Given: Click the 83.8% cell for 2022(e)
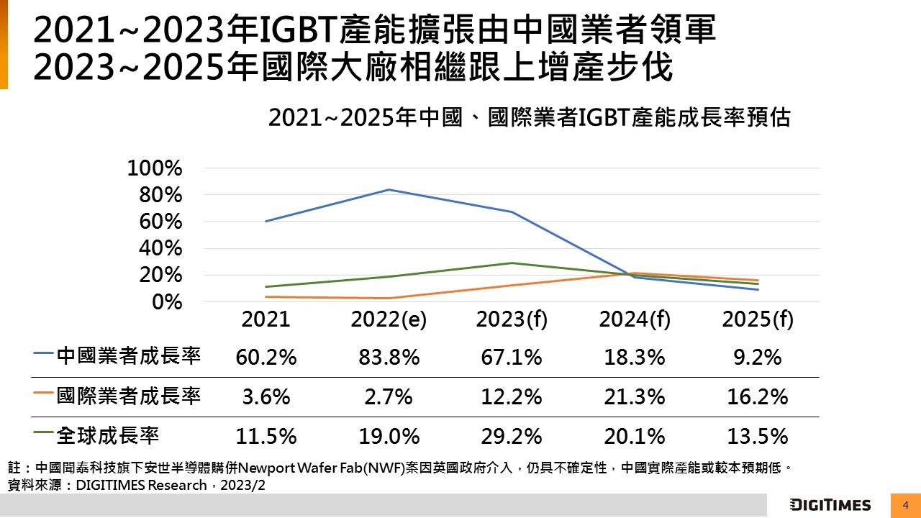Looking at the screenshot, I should coord(389,358).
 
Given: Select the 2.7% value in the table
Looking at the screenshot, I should coord(389,396).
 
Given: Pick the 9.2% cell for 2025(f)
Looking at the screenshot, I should coord(758,358).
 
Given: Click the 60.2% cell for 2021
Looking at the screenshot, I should coord(266,358).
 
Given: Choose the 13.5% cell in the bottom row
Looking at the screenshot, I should coord(758,436).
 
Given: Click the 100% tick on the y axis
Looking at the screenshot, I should coord(155,168).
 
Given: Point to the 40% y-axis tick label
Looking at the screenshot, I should coord(161,248).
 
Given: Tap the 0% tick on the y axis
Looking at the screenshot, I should coord(167,302).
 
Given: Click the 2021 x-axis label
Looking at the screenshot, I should coord(266,319).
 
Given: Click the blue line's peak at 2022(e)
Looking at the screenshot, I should coord(389,190).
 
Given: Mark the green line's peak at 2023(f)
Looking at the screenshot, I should coord(511,263).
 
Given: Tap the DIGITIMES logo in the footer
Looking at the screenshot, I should coord(830,505).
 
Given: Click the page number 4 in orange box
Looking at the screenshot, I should coord(905,505).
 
